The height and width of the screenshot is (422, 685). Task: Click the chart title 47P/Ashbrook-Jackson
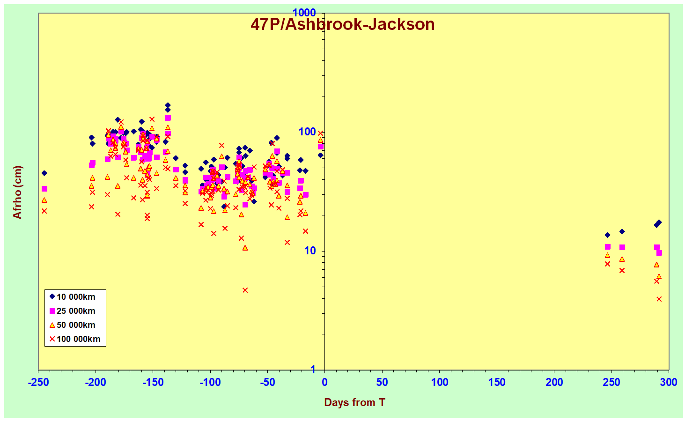coord(342,24)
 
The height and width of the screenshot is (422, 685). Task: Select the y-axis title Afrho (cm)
coord(17,192)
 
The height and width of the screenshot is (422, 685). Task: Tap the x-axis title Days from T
coord(354,402)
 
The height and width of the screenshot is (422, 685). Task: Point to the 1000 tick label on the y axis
coord(304,13)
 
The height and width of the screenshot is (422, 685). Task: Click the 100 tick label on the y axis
coord(307,132)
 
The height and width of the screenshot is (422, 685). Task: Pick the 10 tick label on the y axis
coord(310,251)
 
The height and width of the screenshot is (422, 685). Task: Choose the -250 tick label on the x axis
coord(38,382)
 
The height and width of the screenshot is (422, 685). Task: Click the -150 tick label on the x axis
coord(153,382)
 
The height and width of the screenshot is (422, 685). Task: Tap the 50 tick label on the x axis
coord(382,382)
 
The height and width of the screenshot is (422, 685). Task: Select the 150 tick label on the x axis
coord(497,382)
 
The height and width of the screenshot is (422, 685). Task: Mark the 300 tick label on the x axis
coord(669,382)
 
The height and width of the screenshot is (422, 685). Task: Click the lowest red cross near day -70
coord(245,290)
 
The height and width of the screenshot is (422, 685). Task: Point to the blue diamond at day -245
coord(44,173)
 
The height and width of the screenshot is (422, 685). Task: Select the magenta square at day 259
coord(622,247)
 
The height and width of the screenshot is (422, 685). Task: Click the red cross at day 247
coord(607,264)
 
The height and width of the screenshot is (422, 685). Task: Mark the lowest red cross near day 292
coord(659,299)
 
